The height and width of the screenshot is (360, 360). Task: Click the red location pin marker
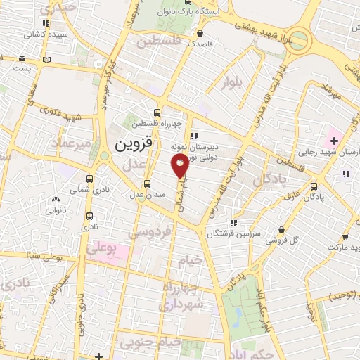coord(180,165)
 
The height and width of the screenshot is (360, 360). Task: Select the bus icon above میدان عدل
coord(146,184)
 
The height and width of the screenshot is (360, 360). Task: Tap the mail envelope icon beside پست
coord(23,58)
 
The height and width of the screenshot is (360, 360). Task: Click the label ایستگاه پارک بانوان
coord(209,12)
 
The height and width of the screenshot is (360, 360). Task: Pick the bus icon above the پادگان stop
coord(314,186)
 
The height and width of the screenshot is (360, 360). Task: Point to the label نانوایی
coord(57,210)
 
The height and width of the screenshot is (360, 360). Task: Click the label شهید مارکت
coord(344,247)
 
